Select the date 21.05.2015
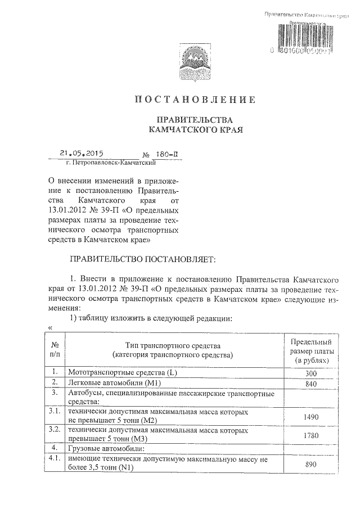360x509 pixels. [x=85, y=152]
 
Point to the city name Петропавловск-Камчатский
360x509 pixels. [x=110, y=163]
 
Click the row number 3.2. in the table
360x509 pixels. [x=55, y=430]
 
